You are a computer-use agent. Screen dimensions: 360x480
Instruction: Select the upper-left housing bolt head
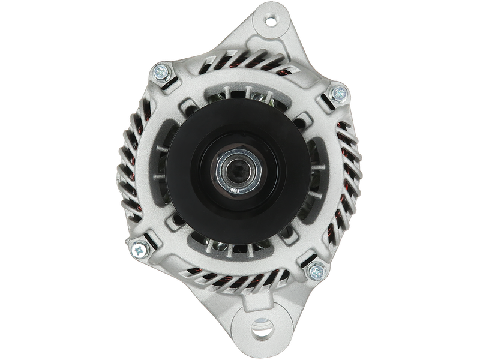tap(161, 73)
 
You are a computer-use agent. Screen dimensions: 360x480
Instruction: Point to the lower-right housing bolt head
tap(314, 271)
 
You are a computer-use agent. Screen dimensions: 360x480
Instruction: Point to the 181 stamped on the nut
tap(235, 191)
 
